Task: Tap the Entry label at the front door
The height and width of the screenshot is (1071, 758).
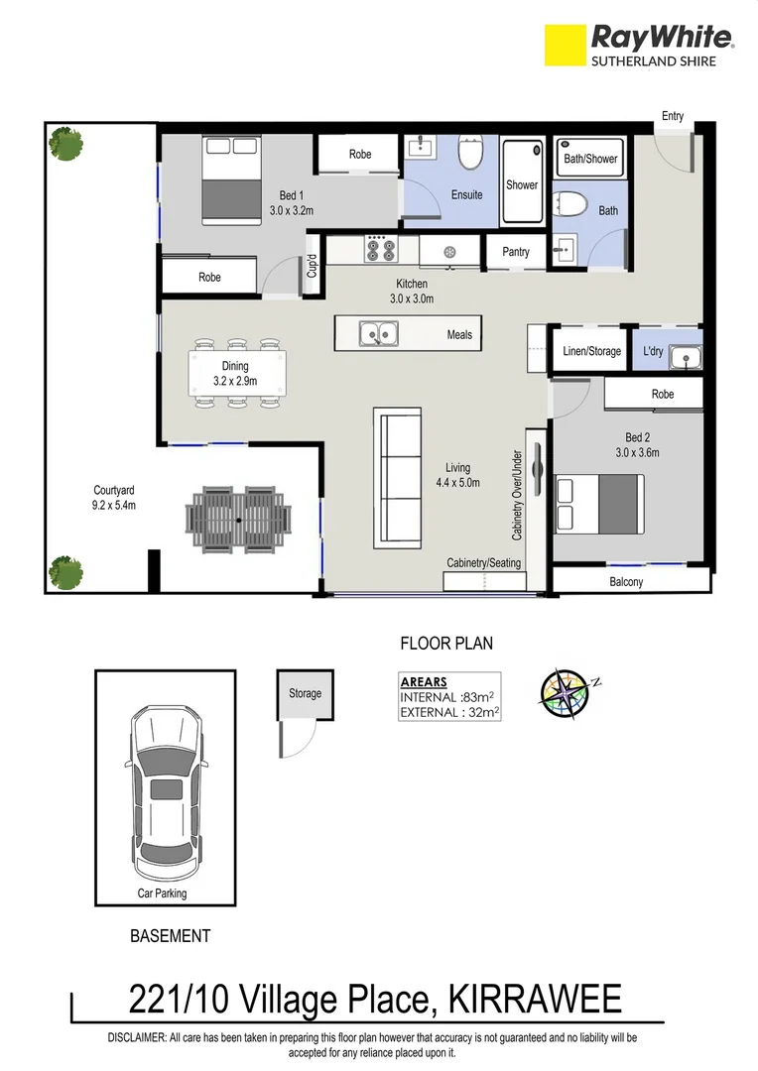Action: (x=673, y=116)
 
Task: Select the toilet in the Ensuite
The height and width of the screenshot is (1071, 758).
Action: (x=469, y=155)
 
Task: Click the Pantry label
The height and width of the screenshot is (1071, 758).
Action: (x=516, y=252)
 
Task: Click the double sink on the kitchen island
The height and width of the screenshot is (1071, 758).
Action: (x=378, y=335)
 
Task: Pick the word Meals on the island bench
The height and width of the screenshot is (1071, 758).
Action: (x=459, y=335)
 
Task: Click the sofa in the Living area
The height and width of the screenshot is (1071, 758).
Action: (x=397, y=477)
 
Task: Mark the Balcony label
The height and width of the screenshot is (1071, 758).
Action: (x=626, y=582)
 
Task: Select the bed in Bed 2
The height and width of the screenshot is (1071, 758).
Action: (x=599, y=504)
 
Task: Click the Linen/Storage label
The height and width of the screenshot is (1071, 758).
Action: (x=591, y=351)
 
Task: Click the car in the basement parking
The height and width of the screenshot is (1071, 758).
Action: (x=165, y=783)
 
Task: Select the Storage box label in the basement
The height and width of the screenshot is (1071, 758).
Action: (x=305, y=693)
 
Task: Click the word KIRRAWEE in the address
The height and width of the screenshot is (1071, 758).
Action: (x=536, y=998)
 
